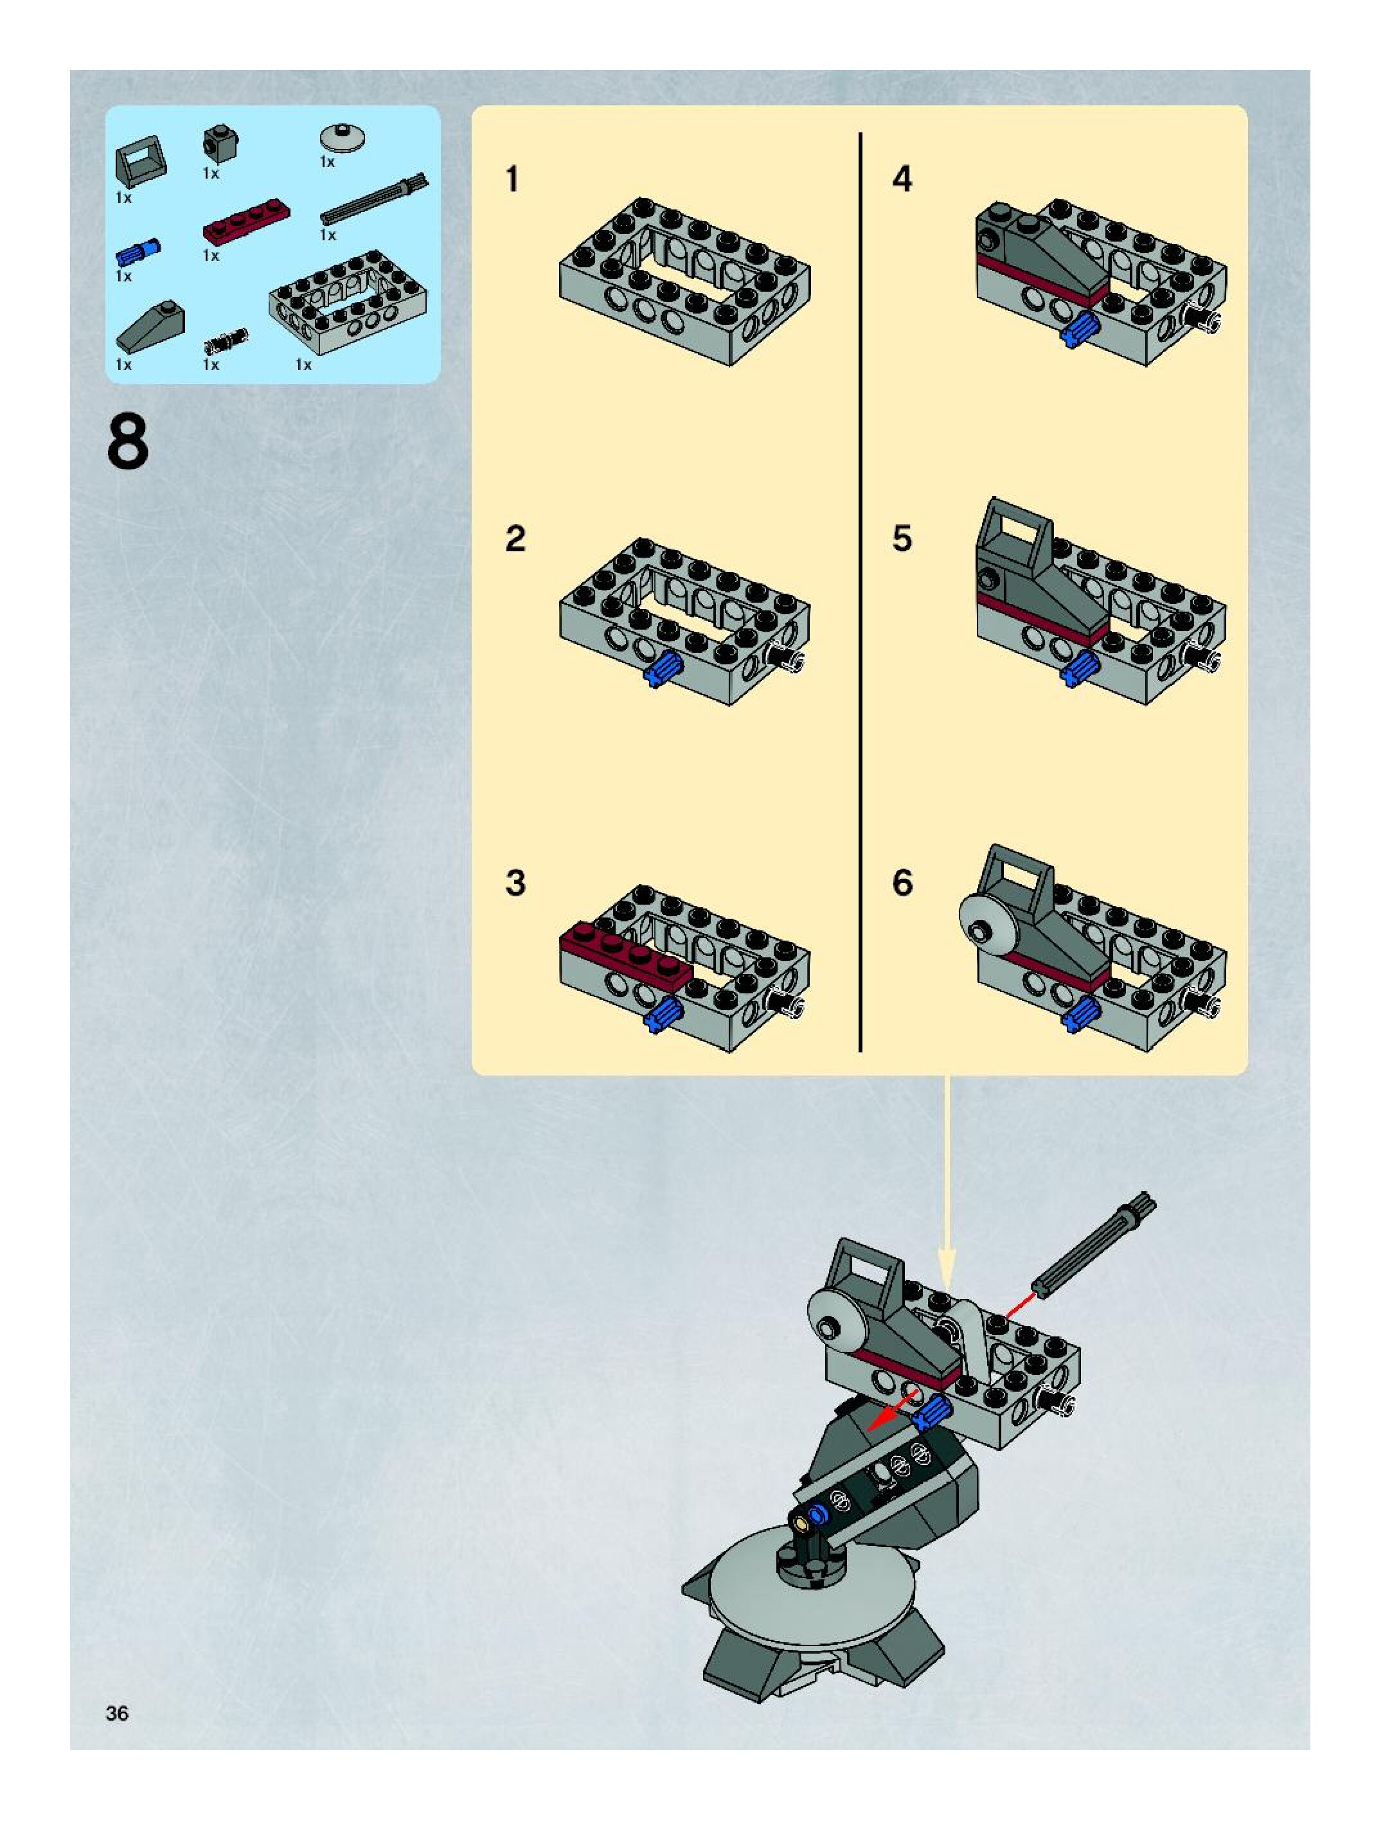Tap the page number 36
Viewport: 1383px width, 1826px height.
[117, 1714]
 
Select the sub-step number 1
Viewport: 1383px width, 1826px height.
[513, 179]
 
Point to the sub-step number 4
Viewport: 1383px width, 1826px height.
[902, 179]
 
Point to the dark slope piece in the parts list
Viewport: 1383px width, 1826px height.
[150, 326]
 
